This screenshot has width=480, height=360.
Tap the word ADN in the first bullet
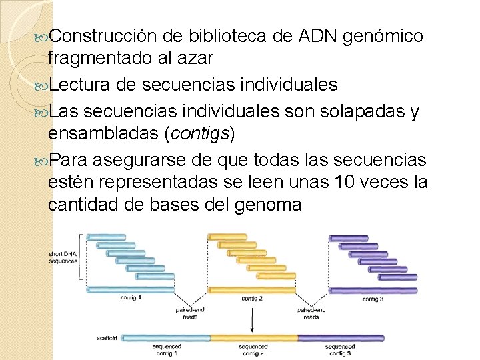coord(314,35)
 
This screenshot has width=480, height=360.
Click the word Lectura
coord(81,85)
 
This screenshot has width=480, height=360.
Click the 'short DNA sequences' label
coord(63,257)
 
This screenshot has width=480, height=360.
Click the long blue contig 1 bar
coord(131,289)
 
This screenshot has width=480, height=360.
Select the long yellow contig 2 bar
coord(251,289)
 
